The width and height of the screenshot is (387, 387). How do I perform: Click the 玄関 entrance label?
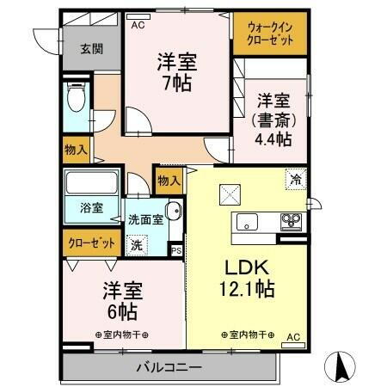(80, 48)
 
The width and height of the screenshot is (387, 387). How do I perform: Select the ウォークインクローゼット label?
(269, 34)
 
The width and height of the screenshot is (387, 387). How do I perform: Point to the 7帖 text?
(178, 83)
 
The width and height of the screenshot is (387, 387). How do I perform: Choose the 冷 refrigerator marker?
(295, 181)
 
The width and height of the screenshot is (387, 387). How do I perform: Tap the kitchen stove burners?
(290, 222)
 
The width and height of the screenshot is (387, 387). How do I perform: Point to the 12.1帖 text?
(246, 290)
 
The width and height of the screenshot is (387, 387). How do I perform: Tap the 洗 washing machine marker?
(137, 244)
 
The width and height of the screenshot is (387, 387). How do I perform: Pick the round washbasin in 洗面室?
(173, 212)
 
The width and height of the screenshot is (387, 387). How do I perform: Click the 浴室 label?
(92, 208)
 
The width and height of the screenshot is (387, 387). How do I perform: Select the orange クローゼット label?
(91, 243)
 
